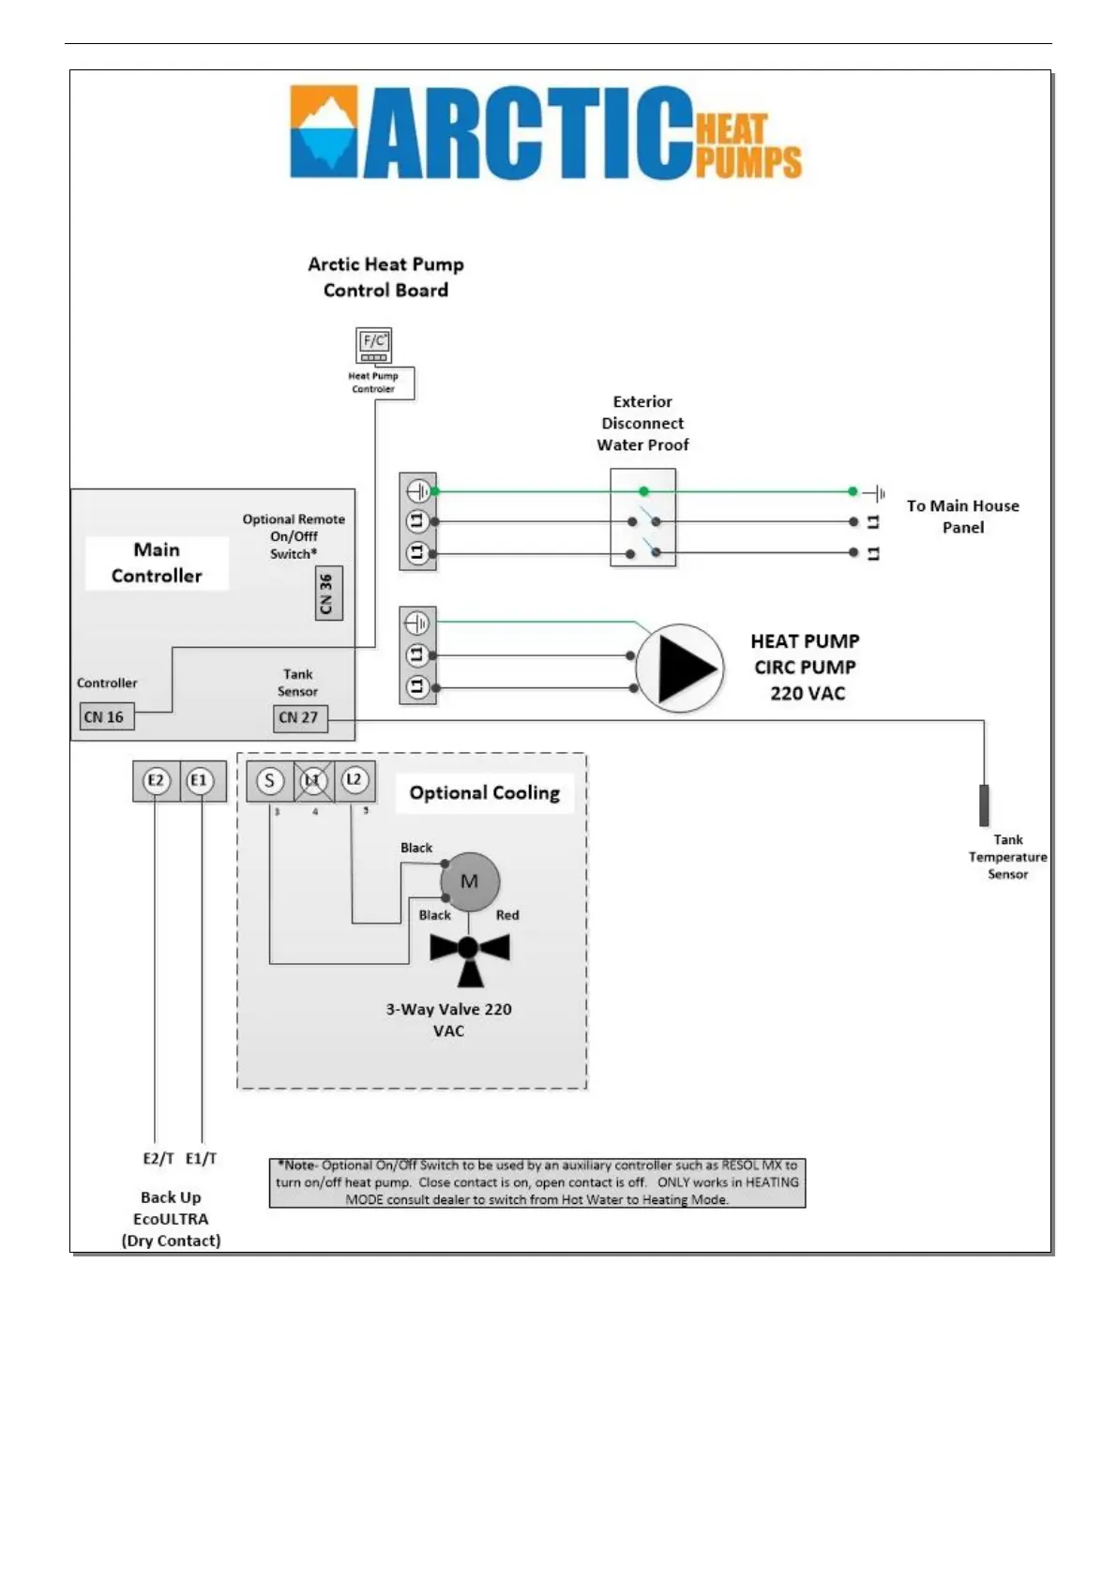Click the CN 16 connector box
pyautogui.click(x=106, y=717)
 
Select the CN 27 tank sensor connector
pyautogui.click(x=299, y=718)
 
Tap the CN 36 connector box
pyautogui.click(x=327, y=593)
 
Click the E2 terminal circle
pyautogui.click(x=156, y=780)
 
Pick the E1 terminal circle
pyautogui.click(x=200, y=780)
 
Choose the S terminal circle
pyautogui.click(x=270, y=780)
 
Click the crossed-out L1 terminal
pyautogui.click(x=313, y=780)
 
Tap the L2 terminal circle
pyautogui.click(x=355, y=780)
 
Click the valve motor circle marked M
pyautogui.click(x=470, y=881)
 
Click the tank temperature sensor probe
pyautogui.click(x=984, y=805)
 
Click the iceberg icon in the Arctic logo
pyautogui.click(x=324, y=131)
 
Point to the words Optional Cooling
pyautogui.click(x=484, y=793)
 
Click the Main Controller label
pyautogui.click(x=157, y=563)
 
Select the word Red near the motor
pyautogui.click(x=507, y=915)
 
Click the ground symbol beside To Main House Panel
pyautogui.click(x=875, y=492)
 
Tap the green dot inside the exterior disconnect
pyautogui.click(x=643, y=491)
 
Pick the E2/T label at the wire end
pyautogui.click(x=158, y=1159)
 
